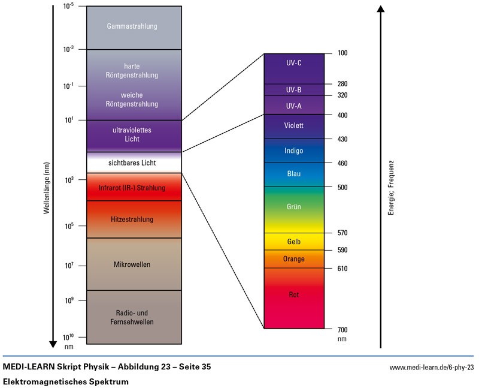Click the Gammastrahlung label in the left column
pos(132,26)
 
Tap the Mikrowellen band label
pos(132,264)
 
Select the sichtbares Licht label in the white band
pos(132,163)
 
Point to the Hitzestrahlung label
pos(132,219)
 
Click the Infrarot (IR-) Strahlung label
pos(132,188)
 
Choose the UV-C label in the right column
pos(294,62)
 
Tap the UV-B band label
pos(294,90)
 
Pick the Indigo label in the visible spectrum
pos(294,151)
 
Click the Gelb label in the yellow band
pos(294,242)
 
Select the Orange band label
pos(294,259)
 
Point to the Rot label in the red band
pos(294,294)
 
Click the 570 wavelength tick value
pos(342,233)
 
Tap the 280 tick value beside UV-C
pos(342,84)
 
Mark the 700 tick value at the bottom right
pos(342,330)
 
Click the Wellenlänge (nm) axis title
pos(46,188)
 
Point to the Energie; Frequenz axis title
pos(390,188)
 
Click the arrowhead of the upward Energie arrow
pos(380,10)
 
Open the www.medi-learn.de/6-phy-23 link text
pos(432,367)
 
